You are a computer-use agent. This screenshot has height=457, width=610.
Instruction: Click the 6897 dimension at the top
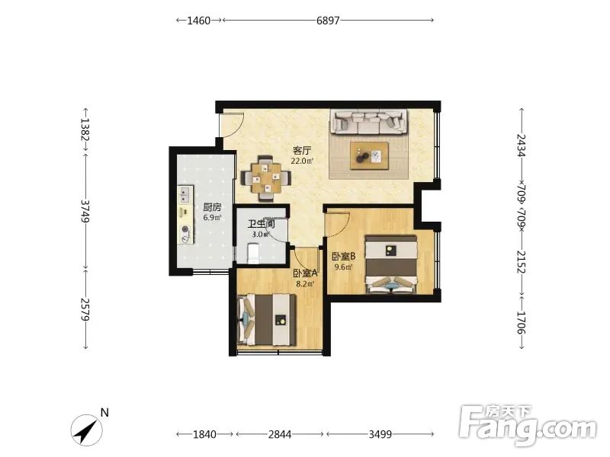click(x=328, y=21)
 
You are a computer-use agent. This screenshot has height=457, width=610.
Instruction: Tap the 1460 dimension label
click(x=199, y=21)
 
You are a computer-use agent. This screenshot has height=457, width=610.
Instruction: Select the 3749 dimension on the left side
click(x=85, y=211)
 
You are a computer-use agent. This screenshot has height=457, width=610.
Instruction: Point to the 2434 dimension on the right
click(x=522, y=145)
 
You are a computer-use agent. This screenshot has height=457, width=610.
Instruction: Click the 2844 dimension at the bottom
click(x=280, y=434)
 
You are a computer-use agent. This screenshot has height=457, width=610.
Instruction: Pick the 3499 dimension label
click(x=380, y=434)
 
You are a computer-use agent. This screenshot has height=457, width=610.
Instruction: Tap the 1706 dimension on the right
click(x=522, y=322)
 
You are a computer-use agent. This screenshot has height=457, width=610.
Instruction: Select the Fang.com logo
click(x=528, y=426)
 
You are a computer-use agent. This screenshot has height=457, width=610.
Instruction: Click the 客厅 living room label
click(x=302, y=150)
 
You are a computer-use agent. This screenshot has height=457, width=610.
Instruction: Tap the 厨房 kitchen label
click(x=212, y=207)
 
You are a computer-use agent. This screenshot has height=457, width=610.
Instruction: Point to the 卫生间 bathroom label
click(x=262, y=224)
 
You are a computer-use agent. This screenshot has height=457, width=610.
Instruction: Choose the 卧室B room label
click(x=344, y=257)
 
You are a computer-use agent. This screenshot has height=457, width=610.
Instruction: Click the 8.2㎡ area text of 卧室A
click(x=305, y=283)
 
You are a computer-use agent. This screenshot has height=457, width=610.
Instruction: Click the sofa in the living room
click(x=369, y=122)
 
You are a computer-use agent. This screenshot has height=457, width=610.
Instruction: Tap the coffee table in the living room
click(x=369, y=156)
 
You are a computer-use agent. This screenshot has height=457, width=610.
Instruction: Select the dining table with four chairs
click(x=266, y=178)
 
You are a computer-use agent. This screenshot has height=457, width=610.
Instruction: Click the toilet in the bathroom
click(x=253, y=253)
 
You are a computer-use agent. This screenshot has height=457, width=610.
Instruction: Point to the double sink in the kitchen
click(x=185, y=195)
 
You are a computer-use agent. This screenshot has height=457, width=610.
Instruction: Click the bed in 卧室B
click(x=391, y=264)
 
